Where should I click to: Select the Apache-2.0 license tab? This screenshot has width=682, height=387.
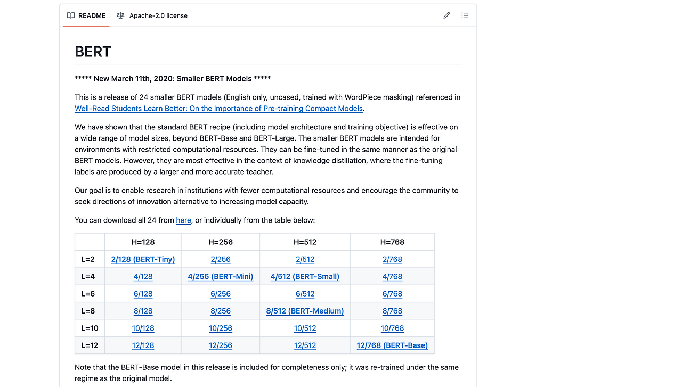(x=151, y=15)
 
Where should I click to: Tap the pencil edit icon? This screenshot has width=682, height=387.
(x=446, y=15)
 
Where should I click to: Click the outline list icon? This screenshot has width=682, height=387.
(x=465, y=15)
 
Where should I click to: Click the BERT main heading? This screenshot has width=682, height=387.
(x=93, y=52)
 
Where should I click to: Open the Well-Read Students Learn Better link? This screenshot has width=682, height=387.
(x=218, y=109)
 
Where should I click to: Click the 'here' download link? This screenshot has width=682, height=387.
(x=183, y=220)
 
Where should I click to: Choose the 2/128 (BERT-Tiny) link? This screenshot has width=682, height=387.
(x=143, y=259)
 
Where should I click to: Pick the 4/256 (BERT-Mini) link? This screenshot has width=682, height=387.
(x=221, y=276)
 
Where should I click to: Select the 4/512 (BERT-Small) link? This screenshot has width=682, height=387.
(x=305, y=276)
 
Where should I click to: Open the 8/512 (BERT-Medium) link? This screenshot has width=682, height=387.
(x=305, y=311)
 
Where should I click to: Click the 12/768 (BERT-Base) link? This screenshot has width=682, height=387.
(x=392, y=345)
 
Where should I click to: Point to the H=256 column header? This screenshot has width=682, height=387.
(x=221, y=242)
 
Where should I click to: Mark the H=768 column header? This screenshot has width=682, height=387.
(x=392, y=242)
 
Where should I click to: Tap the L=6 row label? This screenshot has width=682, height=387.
(x=88, y=294)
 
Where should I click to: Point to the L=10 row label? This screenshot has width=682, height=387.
(x=90, y=328)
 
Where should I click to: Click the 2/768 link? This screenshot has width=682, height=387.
(x=392, y=259)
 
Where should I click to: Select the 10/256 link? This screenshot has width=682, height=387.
(x=221, y=328)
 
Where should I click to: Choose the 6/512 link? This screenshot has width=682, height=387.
(x=305, y=294)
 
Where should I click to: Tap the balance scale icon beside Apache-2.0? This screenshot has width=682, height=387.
(x=120, y=15)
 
